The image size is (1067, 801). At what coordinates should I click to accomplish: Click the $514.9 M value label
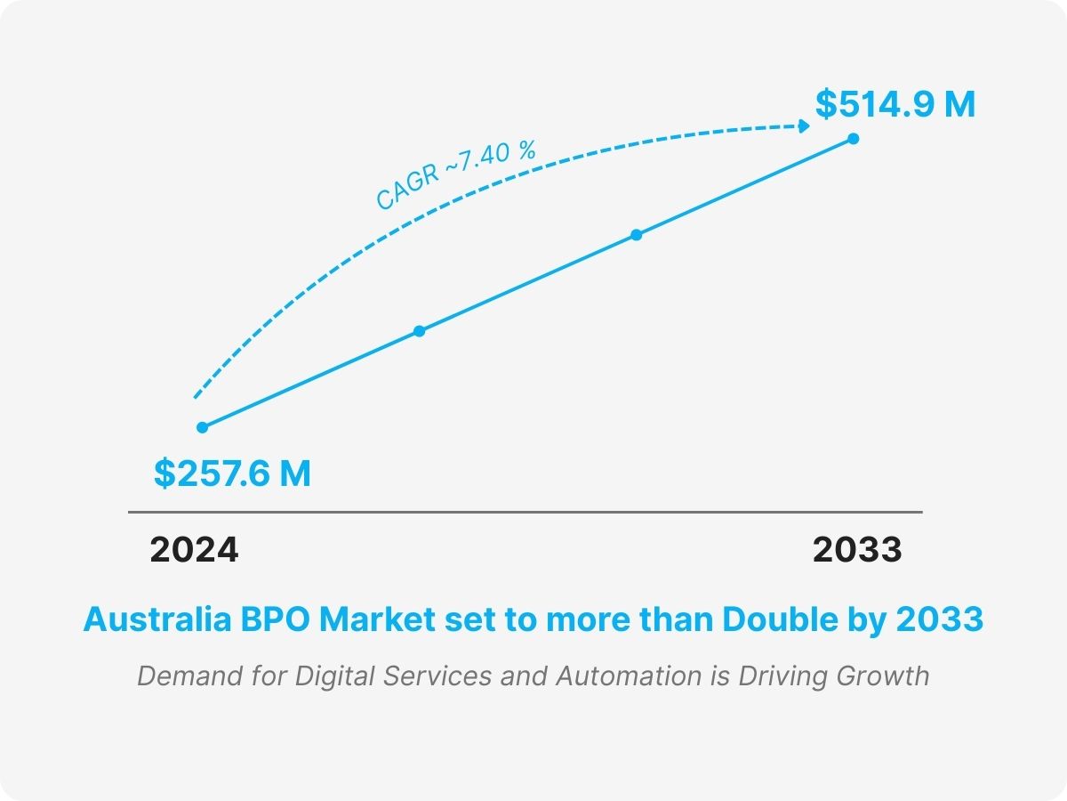pos(895,105)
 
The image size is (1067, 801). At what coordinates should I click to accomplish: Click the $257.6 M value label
pos(232,473)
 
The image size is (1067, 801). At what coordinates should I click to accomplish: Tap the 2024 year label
pos(194,550)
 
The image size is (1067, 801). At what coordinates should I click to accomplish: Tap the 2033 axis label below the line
pos(857,550)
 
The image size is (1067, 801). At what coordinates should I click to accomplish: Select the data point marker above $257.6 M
pos(202,427)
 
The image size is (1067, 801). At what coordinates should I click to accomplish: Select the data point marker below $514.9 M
pos(854,138)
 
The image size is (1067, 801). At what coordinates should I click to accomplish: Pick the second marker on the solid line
pos(420,331)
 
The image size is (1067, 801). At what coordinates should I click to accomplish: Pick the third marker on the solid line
pos(637,235)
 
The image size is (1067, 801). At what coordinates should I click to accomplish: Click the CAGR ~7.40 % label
pos(455,176)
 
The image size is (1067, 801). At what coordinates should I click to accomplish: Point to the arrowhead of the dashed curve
pos(805,126)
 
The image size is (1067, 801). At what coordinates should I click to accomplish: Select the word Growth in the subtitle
pos(883,676)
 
